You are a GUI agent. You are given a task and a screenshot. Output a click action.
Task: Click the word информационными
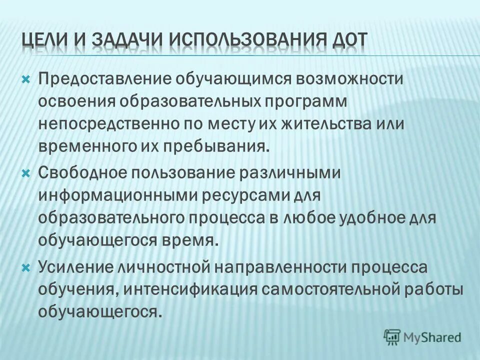click(118, 195)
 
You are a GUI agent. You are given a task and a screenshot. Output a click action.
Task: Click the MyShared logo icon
click(393, 336)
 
